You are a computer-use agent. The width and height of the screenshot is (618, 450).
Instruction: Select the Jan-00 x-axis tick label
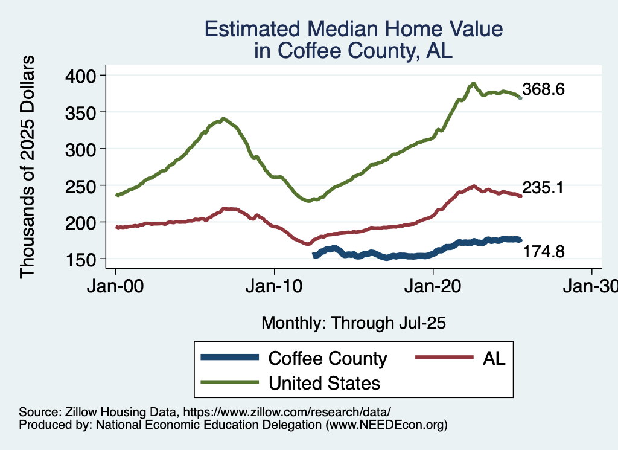pyautogui.click(x=116, y=286)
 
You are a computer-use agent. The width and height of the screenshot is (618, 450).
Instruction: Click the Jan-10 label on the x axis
pyautogui.click(x=275, y=286)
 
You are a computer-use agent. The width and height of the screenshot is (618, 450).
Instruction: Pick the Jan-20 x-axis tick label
pyautogui.click(x=433, y=286)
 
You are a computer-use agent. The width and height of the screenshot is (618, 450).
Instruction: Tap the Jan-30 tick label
pyautogui.click(x=591, y=286)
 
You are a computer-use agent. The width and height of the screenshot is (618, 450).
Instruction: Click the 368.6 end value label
pyautogui.click(x=543, y=89)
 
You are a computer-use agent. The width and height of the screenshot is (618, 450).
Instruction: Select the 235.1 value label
pyautogui.click(x=543, y=188)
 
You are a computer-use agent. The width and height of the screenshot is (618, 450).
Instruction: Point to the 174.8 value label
pyautogui.click(x=543, y=251)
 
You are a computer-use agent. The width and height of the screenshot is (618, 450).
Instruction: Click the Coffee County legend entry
pyautogui.click(x=328, y=359)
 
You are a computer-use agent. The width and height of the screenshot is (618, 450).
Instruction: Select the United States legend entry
pyautogui.click(x=325, y=383)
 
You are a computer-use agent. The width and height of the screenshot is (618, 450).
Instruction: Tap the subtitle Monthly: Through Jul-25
pyautogui.click(x=353, y=323)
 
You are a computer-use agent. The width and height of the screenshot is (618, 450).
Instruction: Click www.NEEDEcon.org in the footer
pyautogui.click(x=386, y=425)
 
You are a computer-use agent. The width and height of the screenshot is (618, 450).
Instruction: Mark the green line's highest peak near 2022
pyautogui.click(x=474, y=83)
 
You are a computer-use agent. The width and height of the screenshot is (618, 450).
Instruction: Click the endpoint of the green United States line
pyautogui.click(x=520, y=97)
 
